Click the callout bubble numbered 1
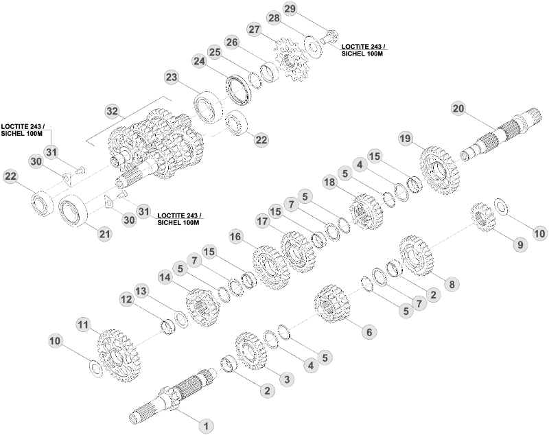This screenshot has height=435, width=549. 207,426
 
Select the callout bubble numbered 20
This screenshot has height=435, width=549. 458,108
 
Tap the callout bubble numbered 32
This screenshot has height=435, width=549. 112,112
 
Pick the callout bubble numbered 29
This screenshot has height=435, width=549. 290,9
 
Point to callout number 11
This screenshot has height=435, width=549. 83,325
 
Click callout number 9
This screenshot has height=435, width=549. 520,244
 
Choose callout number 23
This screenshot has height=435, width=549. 172,77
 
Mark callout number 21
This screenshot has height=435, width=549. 105,233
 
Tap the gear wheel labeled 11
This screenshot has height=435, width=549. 117,355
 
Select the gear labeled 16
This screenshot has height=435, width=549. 270,267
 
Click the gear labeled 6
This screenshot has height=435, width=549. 331,303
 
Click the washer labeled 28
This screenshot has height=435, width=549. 313,47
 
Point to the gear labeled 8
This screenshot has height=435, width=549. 417,255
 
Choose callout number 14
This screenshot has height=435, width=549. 165,277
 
